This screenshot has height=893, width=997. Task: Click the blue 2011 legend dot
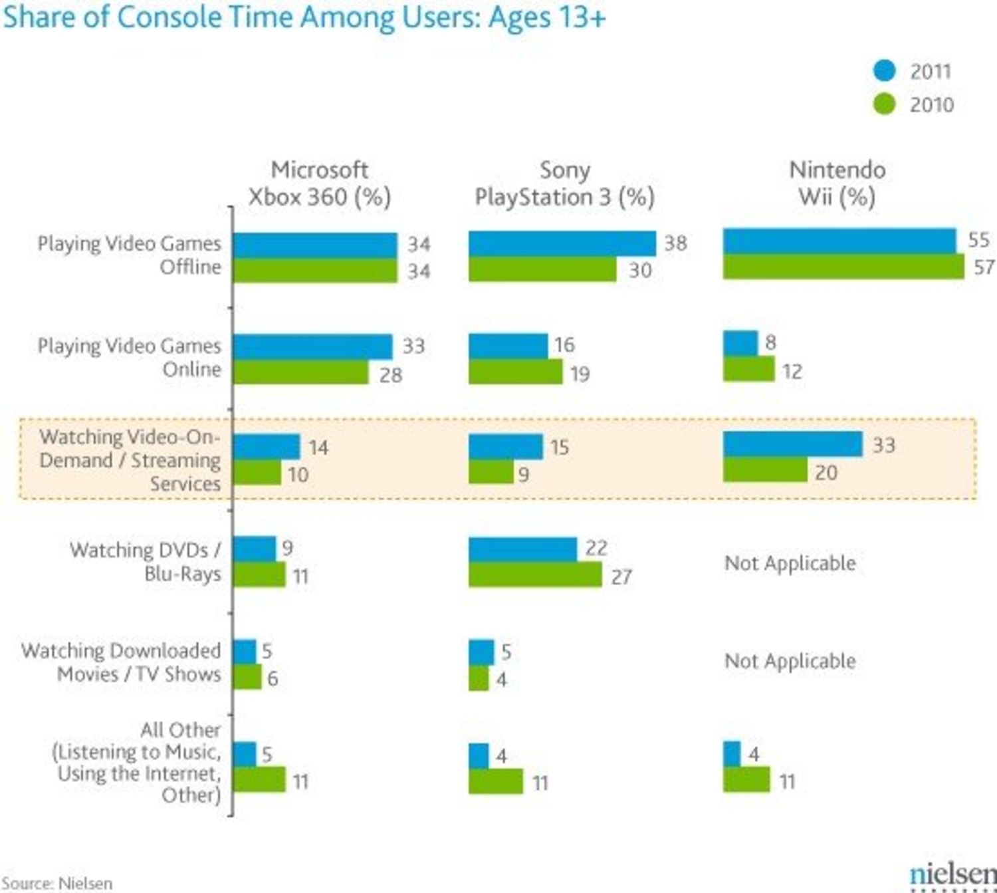click(884, 70)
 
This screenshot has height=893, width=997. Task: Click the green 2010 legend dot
click(884, 104)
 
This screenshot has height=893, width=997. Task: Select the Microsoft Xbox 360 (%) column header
click(319, 184)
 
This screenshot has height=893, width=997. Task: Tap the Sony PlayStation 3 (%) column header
click(564, 184)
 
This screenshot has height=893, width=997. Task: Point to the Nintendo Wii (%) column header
click(837, 184)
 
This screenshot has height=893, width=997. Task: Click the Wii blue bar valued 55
click(839, 241)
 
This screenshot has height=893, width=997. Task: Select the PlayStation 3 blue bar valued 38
click(562, 243)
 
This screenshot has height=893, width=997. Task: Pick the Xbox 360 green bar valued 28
click(300, 372)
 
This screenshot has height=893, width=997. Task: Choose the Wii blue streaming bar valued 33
click(792, 444)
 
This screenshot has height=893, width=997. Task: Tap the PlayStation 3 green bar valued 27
click(535, 575)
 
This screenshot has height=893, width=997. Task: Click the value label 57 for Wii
click(984, 267)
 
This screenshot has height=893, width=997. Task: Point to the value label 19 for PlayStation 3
click(580, 374)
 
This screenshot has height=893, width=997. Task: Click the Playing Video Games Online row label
click(130, 357)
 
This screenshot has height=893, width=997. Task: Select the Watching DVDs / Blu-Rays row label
click(146, 562)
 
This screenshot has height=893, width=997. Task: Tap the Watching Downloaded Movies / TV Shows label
click(121, 662)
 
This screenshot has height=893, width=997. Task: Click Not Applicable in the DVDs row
click(790, 563)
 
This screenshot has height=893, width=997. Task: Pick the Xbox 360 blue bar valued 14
click(266, 447)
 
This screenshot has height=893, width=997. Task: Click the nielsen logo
click(952, 874)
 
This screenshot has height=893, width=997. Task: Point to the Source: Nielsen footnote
click(57, 883)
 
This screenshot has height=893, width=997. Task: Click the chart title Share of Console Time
click(304, 17)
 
